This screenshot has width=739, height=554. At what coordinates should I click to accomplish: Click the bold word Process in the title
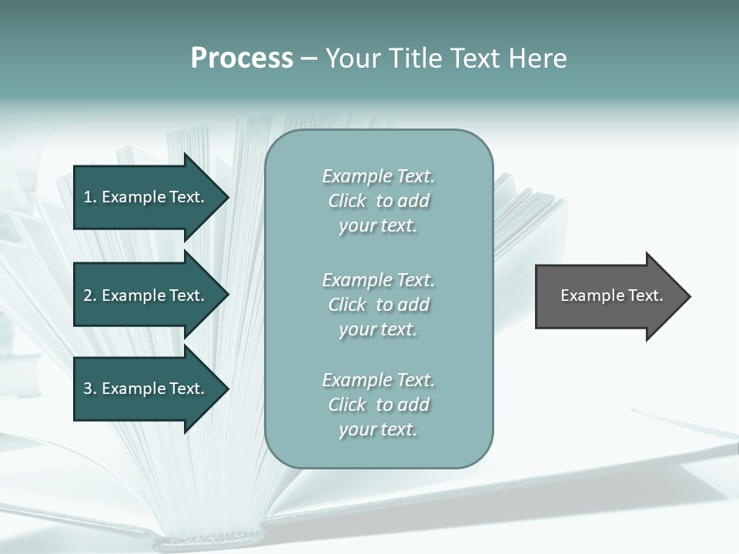(x=242, y=58)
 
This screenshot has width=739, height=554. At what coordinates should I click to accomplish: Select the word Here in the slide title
(x=535, y=58)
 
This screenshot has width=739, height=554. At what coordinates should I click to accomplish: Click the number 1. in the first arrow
(x=89, y=197)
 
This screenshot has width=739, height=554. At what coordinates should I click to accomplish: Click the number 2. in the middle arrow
(x=89, y=295)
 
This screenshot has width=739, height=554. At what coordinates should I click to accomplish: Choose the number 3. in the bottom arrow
(x=89, y=389)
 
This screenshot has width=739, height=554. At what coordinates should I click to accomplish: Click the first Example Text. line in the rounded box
(x=378, y=176)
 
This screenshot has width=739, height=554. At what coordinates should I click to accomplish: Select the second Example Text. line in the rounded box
(x=378, y=280)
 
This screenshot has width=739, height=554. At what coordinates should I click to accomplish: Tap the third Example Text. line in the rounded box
(x=378, y=380)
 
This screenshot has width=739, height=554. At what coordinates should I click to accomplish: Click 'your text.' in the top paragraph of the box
(x=378, y=226)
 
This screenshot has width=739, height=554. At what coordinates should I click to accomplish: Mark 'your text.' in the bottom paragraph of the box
(x=378, y=430)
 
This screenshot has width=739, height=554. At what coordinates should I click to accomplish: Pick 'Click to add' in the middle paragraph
(x=378, y=305)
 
